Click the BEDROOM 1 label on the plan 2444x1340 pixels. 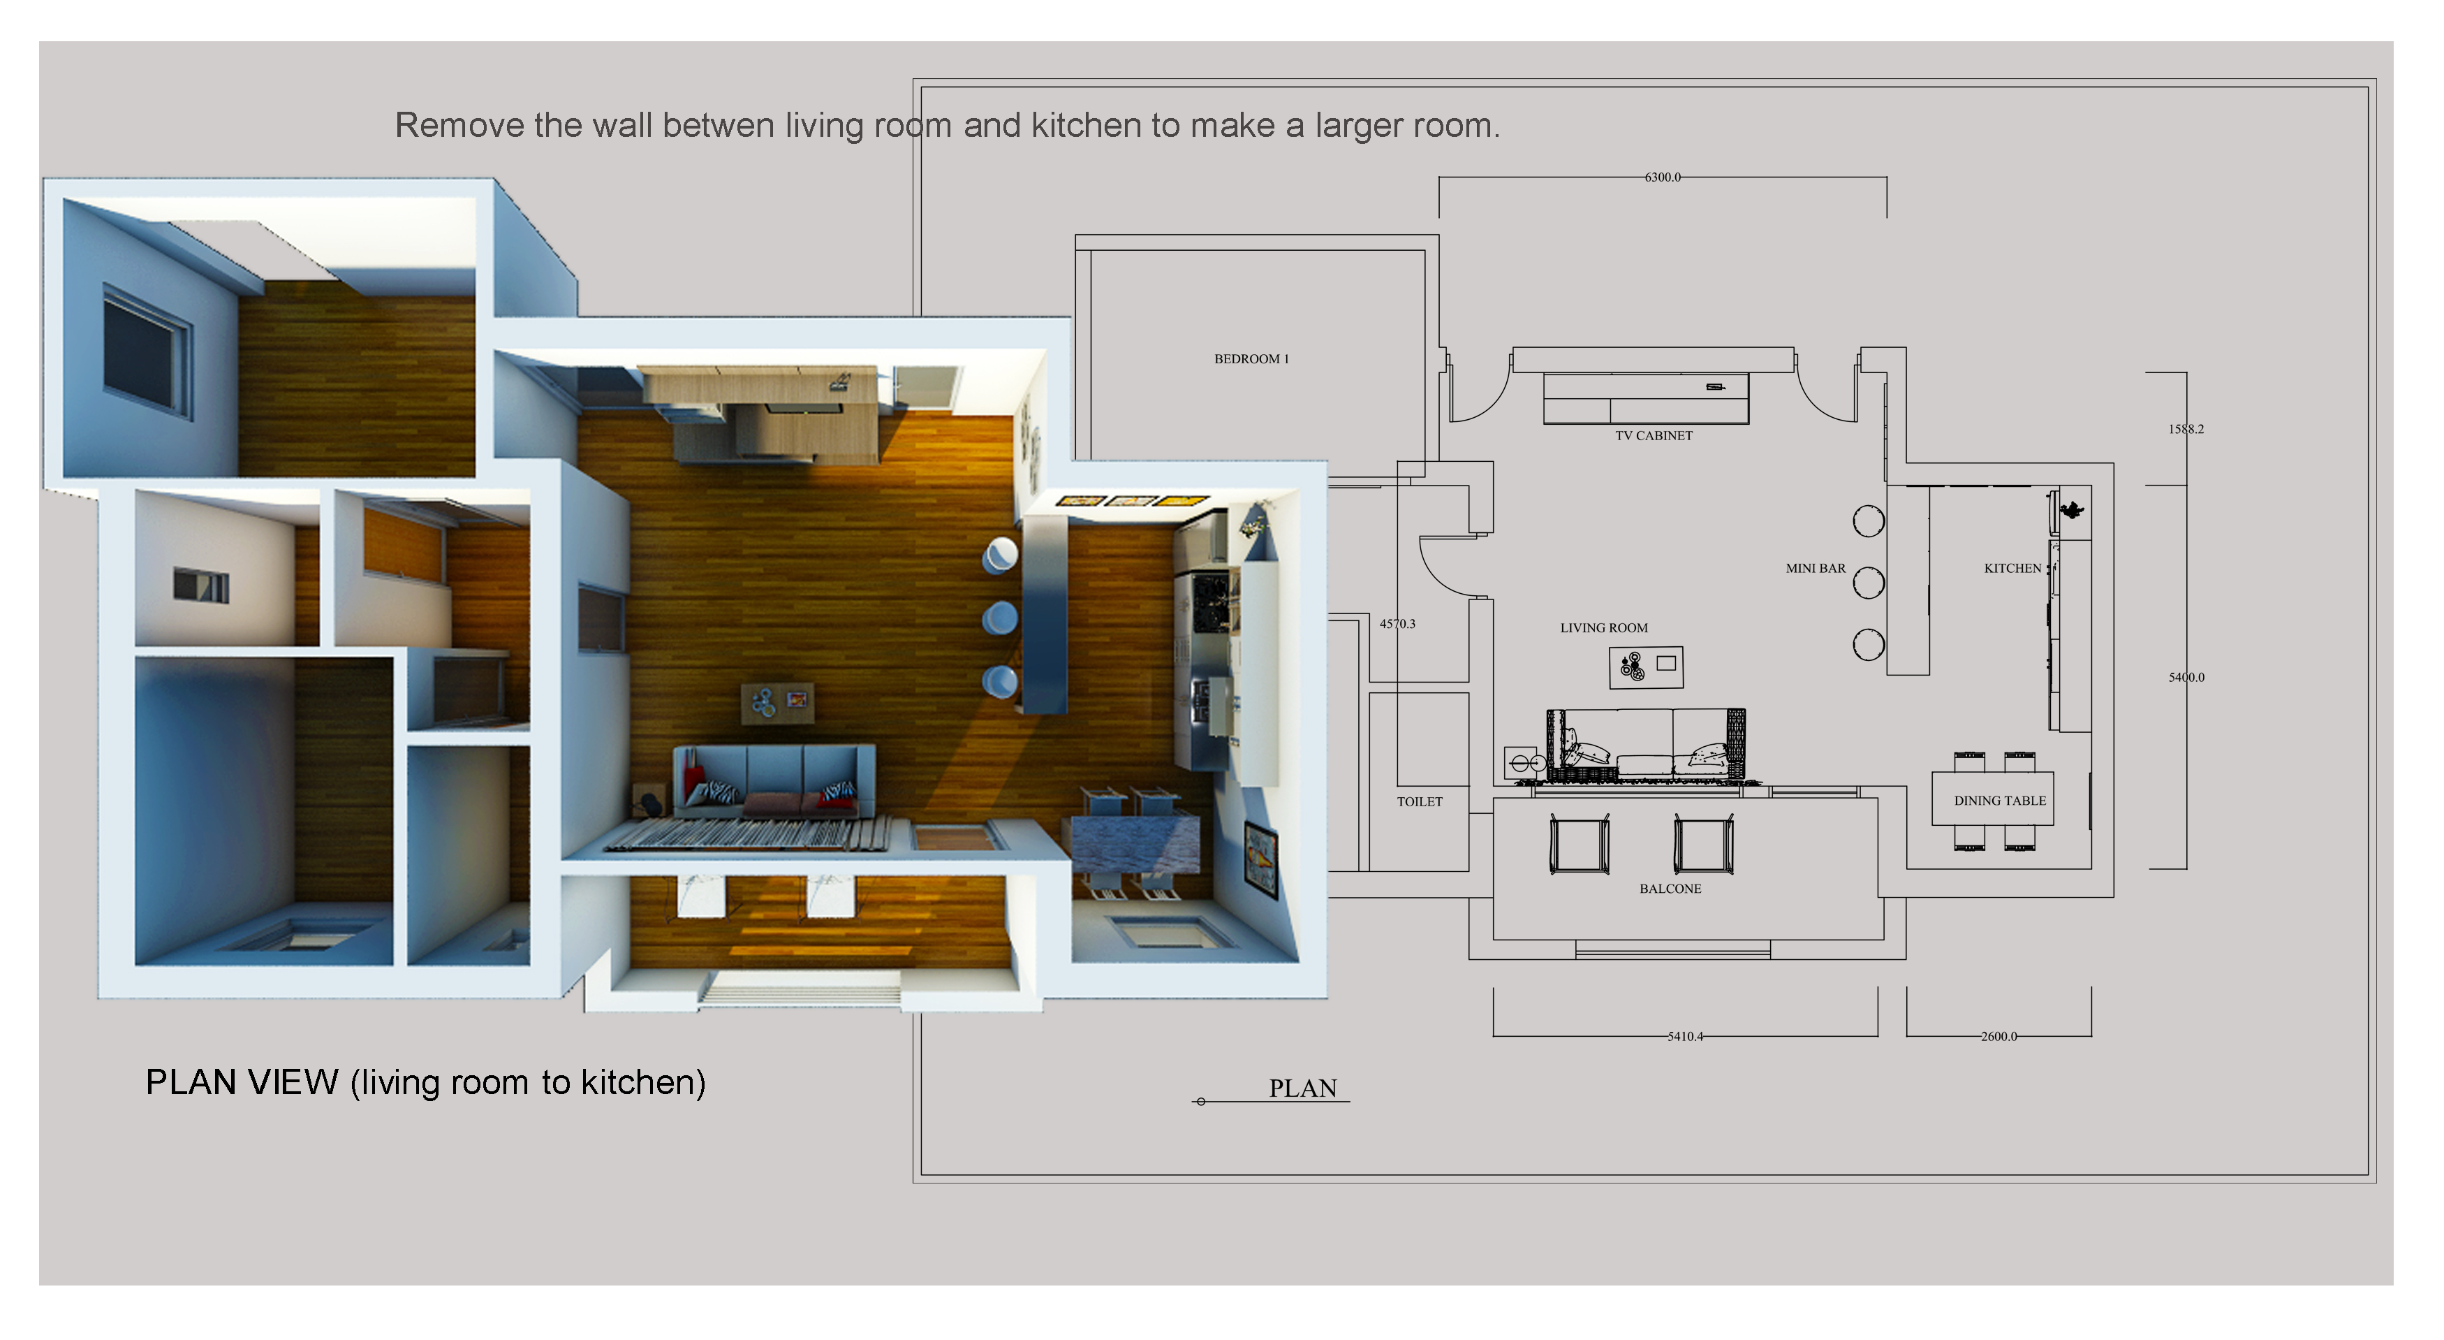[x=1251, y=358]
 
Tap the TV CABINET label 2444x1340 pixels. [x=1654, y=435]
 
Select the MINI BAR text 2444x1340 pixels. [x=1816, y=569]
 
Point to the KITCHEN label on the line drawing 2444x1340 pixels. [x=2012, y=569]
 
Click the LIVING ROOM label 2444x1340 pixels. [x=1603, y=628]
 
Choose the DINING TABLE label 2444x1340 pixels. [x=2000, y=801]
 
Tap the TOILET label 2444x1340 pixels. [x=1420, y=802]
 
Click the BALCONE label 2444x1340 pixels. [x=1670, y=889]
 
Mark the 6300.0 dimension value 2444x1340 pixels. [x=1662, y=177]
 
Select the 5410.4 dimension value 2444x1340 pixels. [x=1685, y=1036]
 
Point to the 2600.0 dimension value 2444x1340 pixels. [x=1999, y=1036]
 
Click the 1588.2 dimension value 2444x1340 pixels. [x=2186, y=429]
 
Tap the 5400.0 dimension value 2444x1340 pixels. [x=2186, y=678]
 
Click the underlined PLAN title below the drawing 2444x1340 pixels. [x=1302, y=1088]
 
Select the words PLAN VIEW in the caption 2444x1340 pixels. [x=242, y=1083]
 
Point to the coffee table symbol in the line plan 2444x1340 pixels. [x=1646, y=667]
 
